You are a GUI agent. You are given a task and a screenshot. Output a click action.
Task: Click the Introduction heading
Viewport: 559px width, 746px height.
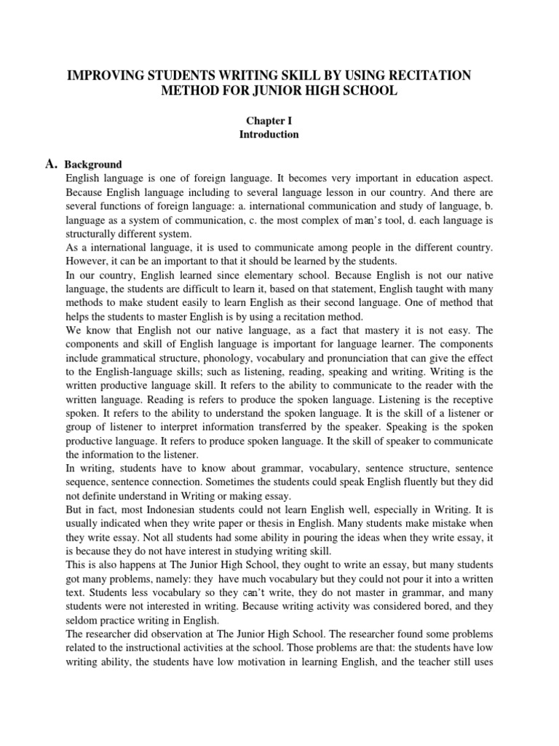(x=269, y=134)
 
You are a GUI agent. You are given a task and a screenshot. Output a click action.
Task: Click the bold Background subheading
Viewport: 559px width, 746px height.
(x=93, y=165)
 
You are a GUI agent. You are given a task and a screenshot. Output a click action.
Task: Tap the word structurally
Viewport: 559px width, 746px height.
(x=90, y=234)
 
